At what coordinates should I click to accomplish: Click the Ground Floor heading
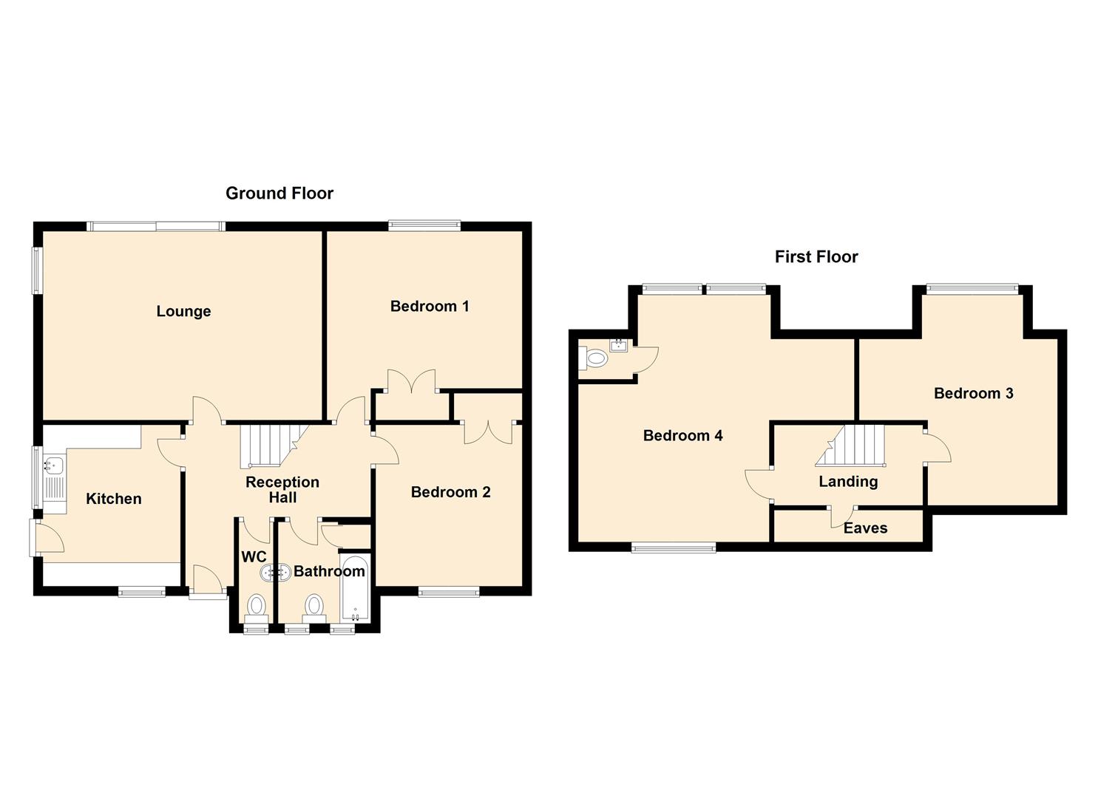coord(279,194)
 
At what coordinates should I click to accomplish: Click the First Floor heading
coord(816,257)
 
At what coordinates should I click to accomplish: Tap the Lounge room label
coord(183,312)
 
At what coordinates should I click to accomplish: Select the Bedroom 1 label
coord(430,307)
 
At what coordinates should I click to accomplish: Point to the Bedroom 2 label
coord(450,493)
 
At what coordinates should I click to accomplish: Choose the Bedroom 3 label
coord(973,394)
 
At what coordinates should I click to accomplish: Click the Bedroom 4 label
coord(682,436)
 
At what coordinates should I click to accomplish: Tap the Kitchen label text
coord(113,499)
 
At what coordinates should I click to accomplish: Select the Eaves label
coord(865,528)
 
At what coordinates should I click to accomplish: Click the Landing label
coord(848,482)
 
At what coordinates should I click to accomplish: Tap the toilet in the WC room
coord(257,606)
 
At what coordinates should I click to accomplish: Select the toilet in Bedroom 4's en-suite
coord(595,360)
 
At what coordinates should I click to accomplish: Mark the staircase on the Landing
coord(854,445)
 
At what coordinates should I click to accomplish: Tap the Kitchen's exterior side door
coord(46,538)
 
